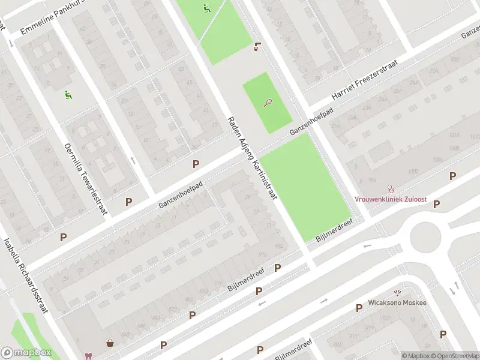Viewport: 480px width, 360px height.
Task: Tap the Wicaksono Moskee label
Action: point(397,302)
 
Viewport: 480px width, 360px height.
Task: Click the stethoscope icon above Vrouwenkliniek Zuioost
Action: point(391,188)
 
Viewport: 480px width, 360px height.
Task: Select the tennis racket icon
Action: point(267,103)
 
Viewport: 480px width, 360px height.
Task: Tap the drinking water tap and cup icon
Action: point(258,46)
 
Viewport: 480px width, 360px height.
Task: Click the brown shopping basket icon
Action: point(110,344)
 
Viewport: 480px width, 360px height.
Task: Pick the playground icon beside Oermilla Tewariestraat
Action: point(68,94)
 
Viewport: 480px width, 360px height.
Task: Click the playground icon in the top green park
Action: point(207,8)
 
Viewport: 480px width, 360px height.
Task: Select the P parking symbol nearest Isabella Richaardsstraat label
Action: point(63,237)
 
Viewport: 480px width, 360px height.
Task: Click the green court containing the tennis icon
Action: point(267,102)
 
